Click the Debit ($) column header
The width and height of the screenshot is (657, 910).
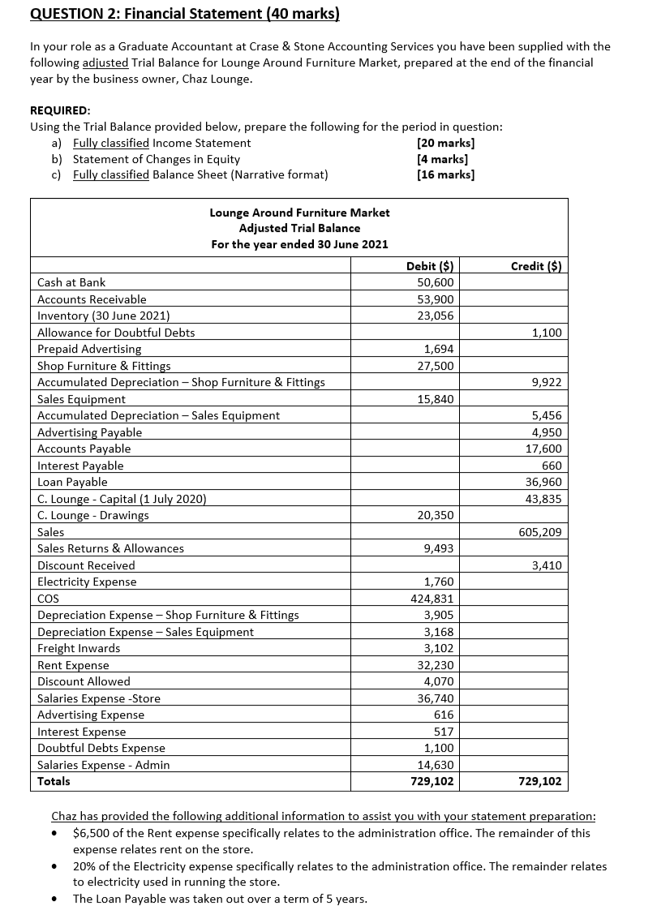(429, 265)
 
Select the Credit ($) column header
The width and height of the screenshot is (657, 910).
(538, 265)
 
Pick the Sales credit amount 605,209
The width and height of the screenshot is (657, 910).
(540, 532)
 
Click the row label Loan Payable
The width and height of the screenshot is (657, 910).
(73, 482)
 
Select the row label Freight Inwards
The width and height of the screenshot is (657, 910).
(79, 648)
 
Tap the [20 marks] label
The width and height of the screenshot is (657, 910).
(445, 143)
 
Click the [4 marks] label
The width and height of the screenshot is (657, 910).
(442, 159)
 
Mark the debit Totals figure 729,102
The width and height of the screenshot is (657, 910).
(432, 782)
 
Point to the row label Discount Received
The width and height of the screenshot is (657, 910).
(87, 565)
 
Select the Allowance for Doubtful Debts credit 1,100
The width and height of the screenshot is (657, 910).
(547, 333)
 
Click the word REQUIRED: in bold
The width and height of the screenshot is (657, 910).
(61, 110)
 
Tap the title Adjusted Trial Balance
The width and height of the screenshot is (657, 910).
(299, 228)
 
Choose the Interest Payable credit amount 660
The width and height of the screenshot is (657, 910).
(552, 466)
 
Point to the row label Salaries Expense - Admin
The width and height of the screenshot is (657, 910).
(104, 765)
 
